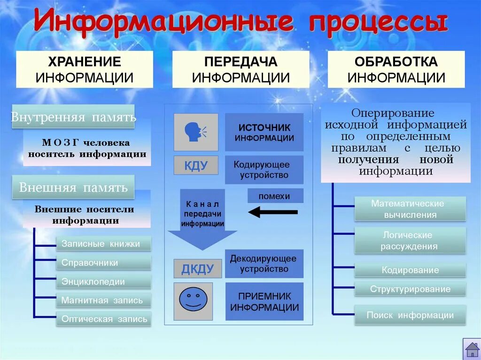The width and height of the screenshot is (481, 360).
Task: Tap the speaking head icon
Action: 196,132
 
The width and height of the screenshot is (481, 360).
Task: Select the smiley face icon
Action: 193,301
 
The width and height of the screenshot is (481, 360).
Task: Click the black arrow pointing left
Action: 272,212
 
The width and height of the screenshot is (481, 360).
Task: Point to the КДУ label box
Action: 196,165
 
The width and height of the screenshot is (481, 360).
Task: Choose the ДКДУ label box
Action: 197,268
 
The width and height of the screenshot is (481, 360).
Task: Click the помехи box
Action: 275,196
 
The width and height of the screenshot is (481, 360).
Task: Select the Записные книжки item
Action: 104,244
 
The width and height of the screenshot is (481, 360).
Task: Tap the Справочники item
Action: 104,262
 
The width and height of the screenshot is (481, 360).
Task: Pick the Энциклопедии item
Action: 104,282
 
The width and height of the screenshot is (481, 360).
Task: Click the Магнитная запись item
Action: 104,300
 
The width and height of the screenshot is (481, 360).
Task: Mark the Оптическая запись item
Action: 104,319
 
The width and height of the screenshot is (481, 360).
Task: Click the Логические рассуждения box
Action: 410,240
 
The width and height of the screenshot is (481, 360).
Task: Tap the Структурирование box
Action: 410,289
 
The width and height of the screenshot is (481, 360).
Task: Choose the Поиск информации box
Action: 410,315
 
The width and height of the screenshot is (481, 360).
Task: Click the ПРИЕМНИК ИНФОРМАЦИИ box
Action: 264,302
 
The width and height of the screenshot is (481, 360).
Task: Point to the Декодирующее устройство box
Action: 264,264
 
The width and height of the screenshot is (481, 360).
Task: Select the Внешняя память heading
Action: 73,188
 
